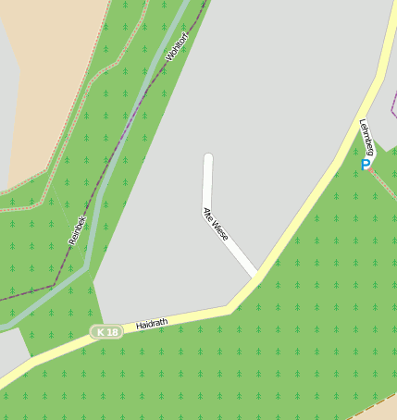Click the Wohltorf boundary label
point(176,46)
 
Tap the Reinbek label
point(77,229)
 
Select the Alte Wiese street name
point(215,225)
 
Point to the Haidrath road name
point(152,324)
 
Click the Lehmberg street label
point(367,138)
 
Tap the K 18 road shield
point(106,332)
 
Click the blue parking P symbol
point(366,165)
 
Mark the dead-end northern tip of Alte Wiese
point(208,157)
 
